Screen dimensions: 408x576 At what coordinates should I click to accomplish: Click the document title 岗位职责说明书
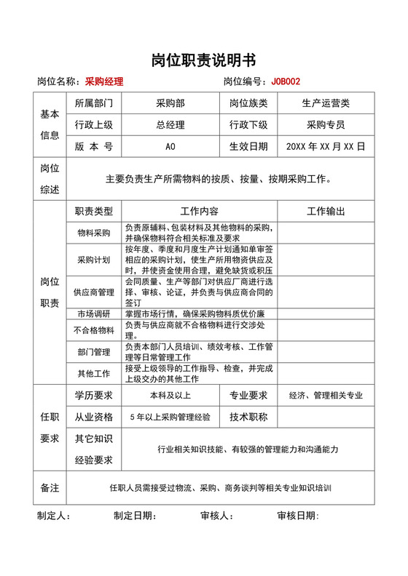click(x=203, y=60)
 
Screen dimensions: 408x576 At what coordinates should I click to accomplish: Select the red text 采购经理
click(x=104, y=81)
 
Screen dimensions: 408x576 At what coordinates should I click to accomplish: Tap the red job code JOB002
click(x=286, y=81)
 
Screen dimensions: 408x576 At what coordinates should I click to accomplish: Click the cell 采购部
click(x=170, y=103)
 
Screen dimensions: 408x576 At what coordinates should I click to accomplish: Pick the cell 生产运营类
click(x=326, y=103)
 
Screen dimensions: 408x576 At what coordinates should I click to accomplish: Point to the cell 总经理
click(x=170, y=124)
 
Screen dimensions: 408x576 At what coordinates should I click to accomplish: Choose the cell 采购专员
click(x=326, y=124)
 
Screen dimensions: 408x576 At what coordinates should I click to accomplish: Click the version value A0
click(x=170, y=146)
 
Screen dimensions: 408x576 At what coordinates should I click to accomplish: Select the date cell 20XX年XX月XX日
click(x=326, y=146)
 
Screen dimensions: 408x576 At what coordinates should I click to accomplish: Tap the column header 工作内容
click(x=199, y=212)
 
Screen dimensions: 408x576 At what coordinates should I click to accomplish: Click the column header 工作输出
click(x=326, y=212)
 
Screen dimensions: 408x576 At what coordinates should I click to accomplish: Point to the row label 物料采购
click(x=94, y=233)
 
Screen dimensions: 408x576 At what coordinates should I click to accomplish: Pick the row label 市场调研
click(x=94, y=314)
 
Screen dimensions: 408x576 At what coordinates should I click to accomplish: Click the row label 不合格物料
click(x=94, y=330)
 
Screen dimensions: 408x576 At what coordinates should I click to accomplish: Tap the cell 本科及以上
click(x=170, y=396)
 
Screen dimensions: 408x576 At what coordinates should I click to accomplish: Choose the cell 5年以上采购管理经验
click(x=170, y=417)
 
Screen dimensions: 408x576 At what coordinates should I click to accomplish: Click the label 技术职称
click(x=248, y=417)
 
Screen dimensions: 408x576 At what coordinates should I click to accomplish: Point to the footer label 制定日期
click(x=135, y=516)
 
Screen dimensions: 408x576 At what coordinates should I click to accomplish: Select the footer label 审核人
click(x=216, y=516)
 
